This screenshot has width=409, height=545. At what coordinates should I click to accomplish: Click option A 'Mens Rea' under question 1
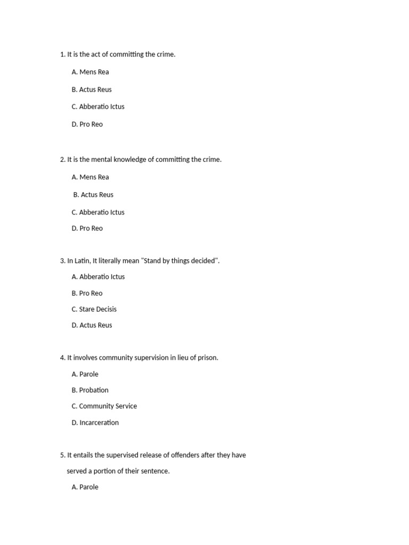(90, 72)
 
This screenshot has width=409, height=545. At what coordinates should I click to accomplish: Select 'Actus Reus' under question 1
(92, 89)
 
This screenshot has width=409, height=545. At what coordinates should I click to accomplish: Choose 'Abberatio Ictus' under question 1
(98, 106)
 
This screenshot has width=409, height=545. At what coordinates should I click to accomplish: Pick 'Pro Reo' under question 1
(87, 124)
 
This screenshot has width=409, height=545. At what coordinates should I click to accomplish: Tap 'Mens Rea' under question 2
(90, 177)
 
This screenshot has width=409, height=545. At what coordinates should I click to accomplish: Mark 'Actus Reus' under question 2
(93, 194)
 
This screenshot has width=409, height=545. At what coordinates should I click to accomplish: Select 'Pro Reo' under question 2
(87, 228)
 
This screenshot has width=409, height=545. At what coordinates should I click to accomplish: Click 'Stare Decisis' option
(94, 309)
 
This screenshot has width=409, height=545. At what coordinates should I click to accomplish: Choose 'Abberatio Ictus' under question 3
(98, 277)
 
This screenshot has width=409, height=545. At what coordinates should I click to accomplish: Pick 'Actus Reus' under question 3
(92, 325)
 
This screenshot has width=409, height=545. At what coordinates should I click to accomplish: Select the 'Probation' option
(90, 390)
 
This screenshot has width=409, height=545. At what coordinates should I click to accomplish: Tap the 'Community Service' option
(104, 406)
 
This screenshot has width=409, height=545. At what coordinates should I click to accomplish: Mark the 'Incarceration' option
(95, 423)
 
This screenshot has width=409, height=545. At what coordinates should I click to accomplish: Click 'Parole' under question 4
(85, 374)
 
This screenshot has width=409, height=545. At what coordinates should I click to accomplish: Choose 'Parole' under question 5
(85, 487)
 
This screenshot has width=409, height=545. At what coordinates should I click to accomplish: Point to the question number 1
(62, 54)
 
